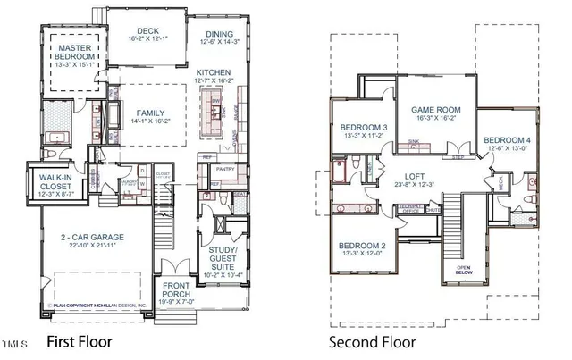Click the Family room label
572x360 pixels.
point(150,113)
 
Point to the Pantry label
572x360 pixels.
point(225,168)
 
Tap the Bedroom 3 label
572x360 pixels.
point(362,129)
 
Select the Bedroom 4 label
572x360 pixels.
point(508,140)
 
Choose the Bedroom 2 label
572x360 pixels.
point(362,246)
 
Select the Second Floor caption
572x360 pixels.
point(368,342)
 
